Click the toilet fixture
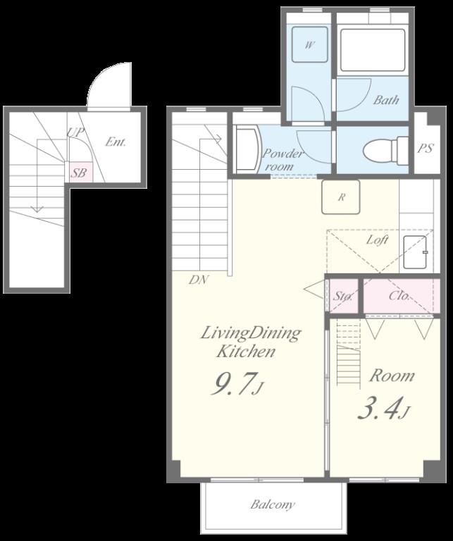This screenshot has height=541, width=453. (386, 151)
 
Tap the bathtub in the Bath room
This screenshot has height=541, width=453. (373, 50)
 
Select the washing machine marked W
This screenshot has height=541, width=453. (310, 44)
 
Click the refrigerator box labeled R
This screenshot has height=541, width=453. (341, 197)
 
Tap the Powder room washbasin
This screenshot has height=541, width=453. (247, 149)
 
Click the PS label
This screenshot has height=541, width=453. (425, 149)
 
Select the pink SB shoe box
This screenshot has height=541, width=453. (79, 172)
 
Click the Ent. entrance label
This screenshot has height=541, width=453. (116, 142)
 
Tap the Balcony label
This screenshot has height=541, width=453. (273, 504)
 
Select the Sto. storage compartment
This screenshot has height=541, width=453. (343, 296)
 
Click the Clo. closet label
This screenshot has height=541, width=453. (399, 296)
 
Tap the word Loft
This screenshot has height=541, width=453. (378, 240)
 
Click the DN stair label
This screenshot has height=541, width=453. (198, 280)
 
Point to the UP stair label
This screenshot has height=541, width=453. (76, 132)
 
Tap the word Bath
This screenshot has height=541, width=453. (386, 100)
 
